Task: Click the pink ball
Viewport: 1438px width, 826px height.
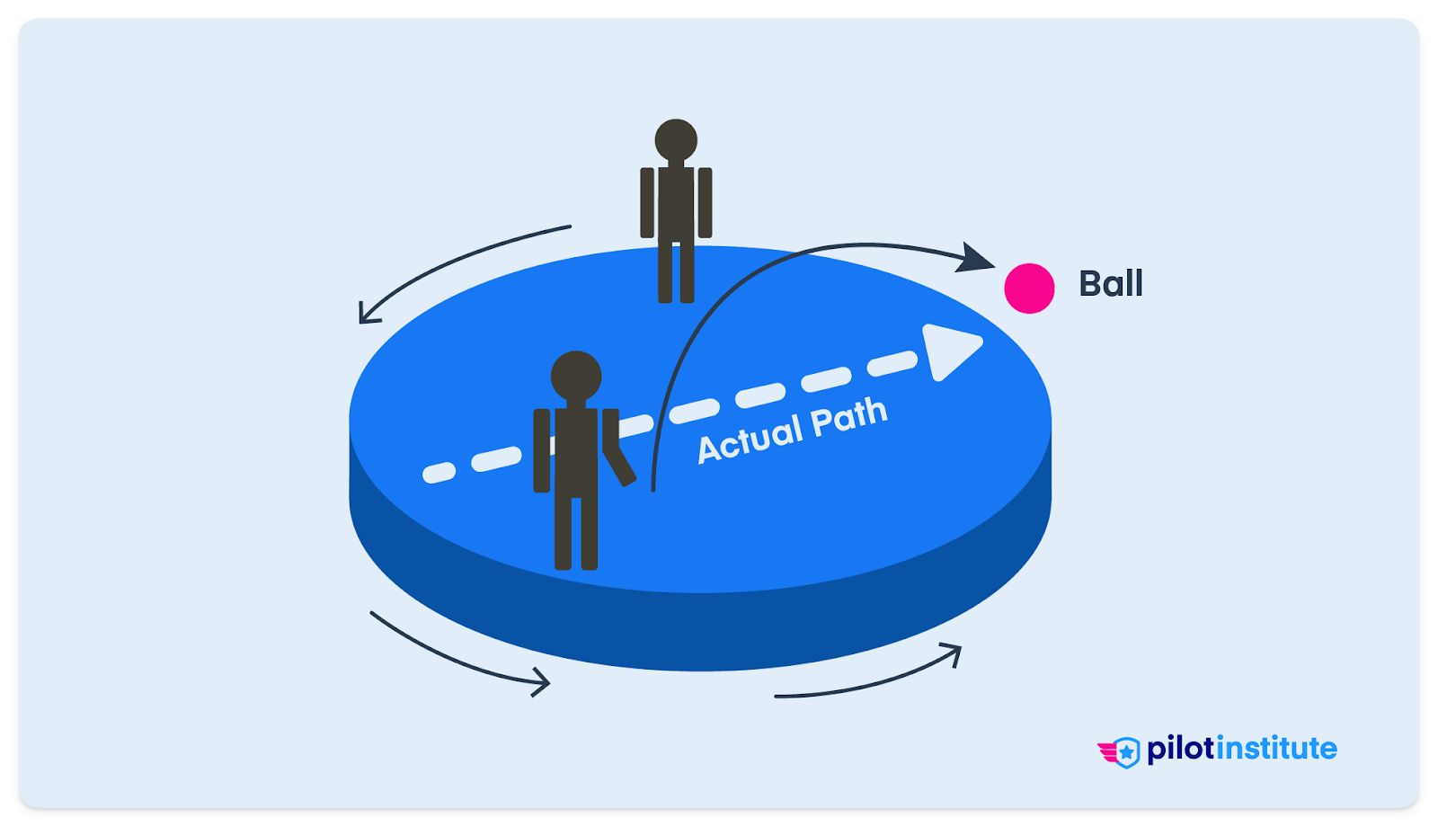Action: coord(1029,289)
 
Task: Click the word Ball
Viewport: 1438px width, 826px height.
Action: coord(1111,284)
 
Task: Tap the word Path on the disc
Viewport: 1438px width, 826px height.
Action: coord(848,416)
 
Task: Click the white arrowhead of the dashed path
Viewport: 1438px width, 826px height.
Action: coord(948,350)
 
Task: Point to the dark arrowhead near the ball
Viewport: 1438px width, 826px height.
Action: coord(975,259)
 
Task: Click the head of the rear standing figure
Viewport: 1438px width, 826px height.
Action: coord(676,140)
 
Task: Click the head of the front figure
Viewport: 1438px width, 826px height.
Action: coord(576,376)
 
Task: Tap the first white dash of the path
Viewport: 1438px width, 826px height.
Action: coord(439,473)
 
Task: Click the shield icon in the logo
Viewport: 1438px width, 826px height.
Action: coord(1125,751)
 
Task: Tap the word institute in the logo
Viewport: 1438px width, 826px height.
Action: coord(1277,748)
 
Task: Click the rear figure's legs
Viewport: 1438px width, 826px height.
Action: coord(676,270)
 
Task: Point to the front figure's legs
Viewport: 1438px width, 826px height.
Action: coord(576,530)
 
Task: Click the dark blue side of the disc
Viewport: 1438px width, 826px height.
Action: coord(701,629)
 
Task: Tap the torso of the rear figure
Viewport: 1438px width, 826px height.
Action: coord(676,202)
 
